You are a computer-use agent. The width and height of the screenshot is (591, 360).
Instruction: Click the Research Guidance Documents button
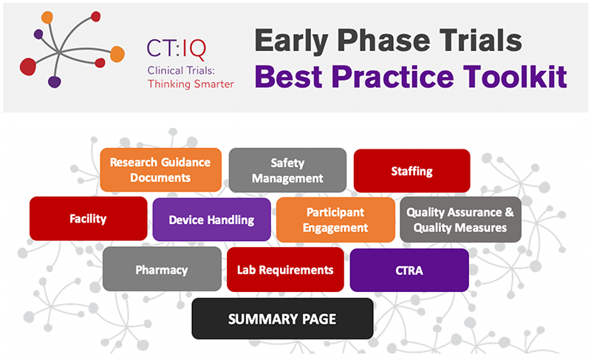[x=160, y=169]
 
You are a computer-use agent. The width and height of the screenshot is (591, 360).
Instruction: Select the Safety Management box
[x=287, y=170]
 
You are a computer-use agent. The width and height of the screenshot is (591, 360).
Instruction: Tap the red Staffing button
[x=411, y=171]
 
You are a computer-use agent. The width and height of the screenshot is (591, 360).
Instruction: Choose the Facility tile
[x=88, y=219]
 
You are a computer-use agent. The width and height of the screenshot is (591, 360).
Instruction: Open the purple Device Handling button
[x=211, y=220]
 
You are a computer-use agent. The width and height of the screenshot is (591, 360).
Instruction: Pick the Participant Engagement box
[x=335, y=220]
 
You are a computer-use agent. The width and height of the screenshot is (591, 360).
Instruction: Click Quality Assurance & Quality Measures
[x=460, y=220]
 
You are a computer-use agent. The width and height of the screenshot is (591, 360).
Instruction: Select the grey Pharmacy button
[x=162, y=269]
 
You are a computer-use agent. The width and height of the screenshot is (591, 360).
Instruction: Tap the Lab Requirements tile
[x=285, y=270]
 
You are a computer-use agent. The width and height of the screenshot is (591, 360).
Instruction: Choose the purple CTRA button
[x=409, y=270]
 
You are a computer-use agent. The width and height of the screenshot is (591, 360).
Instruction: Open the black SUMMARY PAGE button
[x=282, y=319]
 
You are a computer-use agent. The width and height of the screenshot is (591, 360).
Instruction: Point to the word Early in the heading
[x=291, y=41]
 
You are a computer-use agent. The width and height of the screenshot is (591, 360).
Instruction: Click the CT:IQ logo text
[x=177, y=50]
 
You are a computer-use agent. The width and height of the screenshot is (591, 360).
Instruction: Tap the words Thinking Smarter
[x=191, y=84]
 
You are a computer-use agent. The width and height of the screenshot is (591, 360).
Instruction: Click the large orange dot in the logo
[x=117, y=54]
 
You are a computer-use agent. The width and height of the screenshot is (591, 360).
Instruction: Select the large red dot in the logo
[x=28, y=67]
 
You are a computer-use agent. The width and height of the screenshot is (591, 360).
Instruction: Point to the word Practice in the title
[x=392, y=77]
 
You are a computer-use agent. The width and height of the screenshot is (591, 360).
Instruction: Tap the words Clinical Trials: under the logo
[x=181, y=70]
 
